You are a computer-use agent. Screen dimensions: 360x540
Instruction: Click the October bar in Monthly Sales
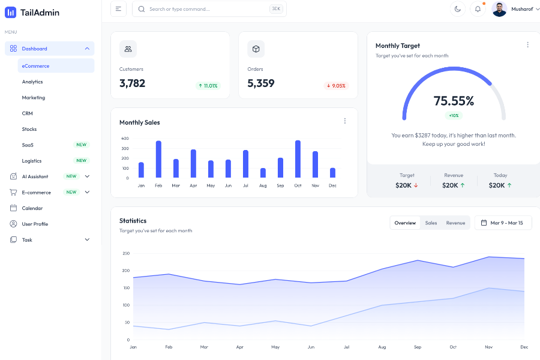point(298,159)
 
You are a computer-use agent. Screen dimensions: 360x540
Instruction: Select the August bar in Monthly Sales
point(263,173)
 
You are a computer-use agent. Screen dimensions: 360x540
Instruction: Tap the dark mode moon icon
point(458,9)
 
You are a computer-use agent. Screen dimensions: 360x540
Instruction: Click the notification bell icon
point(478,9)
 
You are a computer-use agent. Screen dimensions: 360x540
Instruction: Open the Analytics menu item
point(32,82)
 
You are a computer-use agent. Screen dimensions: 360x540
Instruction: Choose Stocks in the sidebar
point(29,129)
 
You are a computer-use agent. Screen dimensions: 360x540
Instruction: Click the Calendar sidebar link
point(32,208)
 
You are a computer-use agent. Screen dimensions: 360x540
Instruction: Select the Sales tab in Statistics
point(431,223)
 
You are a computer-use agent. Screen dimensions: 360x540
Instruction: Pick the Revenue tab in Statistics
point(455,223)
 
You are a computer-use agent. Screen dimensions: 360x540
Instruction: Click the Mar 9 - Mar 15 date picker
point(503,223)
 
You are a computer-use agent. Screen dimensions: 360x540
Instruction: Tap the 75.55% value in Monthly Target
point(454,101)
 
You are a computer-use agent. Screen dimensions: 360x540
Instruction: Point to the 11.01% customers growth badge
point(208,86)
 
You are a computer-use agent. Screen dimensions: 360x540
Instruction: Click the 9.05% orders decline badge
point(336,86)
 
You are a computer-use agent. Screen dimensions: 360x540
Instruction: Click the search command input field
point(204,9)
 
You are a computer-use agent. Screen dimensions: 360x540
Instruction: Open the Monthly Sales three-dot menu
point(344,121)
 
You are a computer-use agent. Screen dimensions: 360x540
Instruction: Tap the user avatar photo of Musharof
point(499,9)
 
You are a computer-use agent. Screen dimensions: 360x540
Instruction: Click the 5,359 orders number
point(261,83)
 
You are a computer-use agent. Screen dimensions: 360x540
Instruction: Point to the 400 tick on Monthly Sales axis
point(125,139)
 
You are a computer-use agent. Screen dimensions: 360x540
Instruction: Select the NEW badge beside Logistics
point(81,161)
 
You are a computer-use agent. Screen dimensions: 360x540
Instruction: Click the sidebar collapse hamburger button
point(118,9)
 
